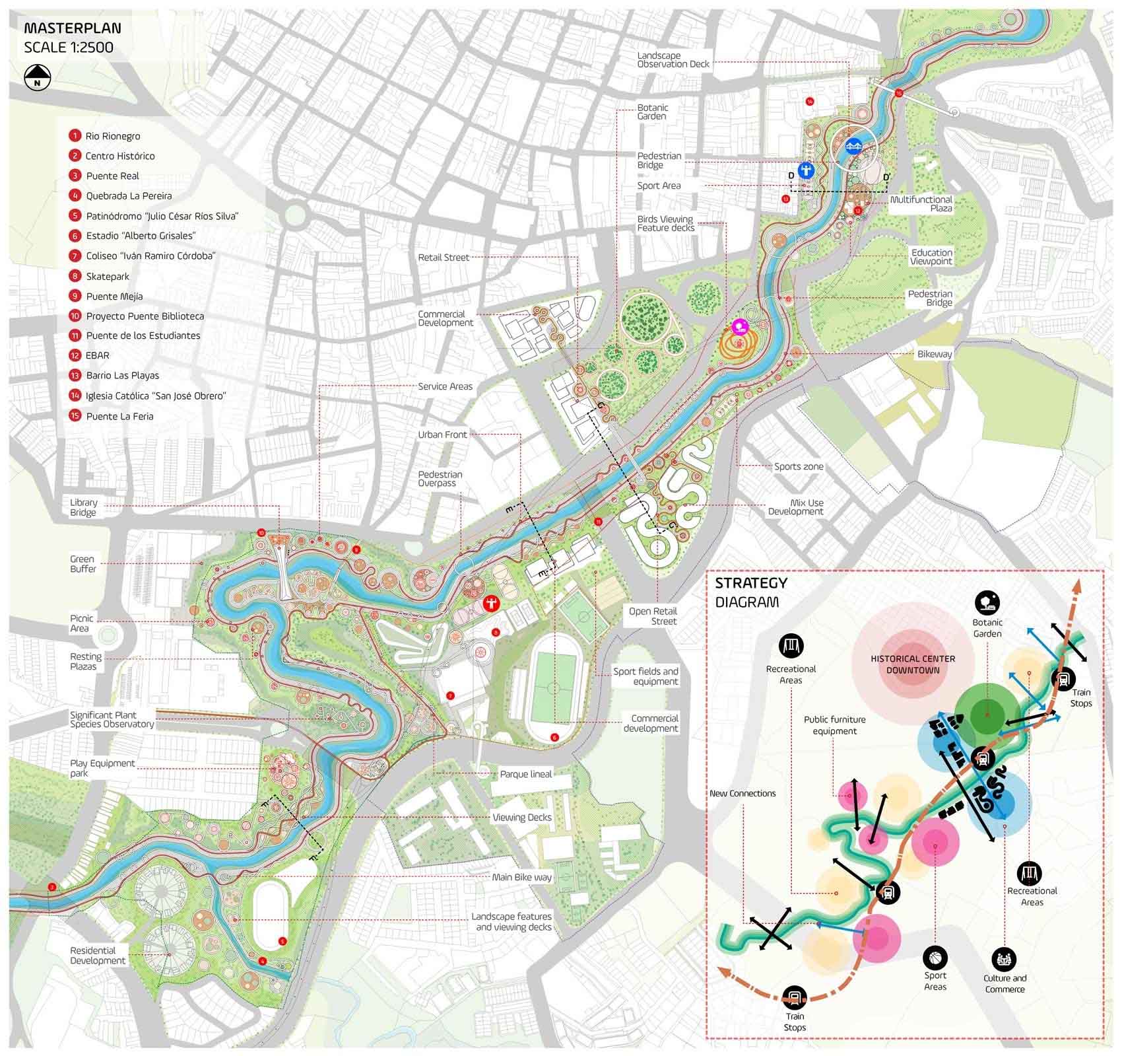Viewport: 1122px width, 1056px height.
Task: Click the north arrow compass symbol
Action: [x=38, y=77]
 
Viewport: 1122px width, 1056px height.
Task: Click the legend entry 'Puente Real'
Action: [x=112, y=176]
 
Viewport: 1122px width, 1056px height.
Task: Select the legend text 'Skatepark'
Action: [x=108, y=276]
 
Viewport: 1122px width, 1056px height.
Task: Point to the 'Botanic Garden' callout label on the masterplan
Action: [x=652, y=112]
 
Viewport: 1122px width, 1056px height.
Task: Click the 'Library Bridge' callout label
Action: [x=83, y=507]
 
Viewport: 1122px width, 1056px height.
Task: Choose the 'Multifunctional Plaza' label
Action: [x=921, y=203]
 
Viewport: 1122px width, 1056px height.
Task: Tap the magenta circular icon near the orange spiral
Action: [x=739, y=325]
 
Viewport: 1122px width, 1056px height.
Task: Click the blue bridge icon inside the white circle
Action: [x=854, y=146]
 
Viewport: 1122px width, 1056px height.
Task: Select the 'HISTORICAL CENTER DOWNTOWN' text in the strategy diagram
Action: [x=912, y=664]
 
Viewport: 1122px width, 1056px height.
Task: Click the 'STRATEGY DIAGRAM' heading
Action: [x=750, y=592]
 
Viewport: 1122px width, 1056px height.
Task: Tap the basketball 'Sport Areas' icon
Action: [x=935, y=956]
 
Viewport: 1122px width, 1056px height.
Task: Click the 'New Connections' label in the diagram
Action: [x=742, y=793]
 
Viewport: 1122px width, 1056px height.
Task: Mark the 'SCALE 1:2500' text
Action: [x=68, y=48]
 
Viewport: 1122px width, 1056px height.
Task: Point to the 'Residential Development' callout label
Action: [x=98, y=955]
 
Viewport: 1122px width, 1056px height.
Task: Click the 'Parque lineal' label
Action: [x=525, y=774]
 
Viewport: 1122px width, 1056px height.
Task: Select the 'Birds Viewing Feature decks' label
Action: [x=665, y=223]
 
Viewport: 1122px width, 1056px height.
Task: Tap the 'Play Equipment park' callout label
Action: [x=102, y=767]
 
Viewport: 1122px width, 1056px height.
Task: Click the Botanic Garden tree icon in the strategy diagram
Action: [x=987, y=602]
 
